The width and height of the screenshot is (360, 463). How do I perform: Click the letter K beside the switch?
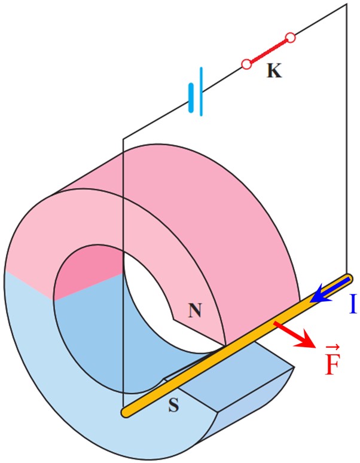274,71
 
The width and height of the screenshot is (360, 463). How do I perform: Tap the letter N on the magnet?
195,310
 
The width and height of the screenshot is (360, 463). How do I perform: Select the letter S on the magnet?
174,405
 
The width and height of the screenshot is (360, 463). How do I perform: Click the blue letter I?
352,303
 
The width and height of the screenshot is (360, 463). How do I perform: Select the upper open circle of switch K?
290,38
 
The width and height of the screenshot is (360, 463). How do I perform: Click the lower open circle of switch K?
246,64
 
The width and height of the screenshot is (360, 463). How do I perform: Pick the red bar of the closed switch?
269,51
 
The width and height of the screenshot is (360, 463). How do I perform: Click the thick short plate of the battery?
191,98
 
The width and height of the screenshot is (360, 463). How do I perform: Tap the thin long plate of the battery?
201,91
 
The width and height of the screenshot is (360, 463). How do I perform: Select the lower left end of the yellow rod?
126,412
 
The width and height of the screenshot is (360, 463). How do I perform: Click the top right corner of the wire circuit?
347,4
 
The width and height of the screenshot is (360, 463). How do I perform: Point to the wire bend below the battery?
123,138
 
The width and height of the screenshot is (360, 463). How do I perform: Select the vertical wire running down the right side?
347,139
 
